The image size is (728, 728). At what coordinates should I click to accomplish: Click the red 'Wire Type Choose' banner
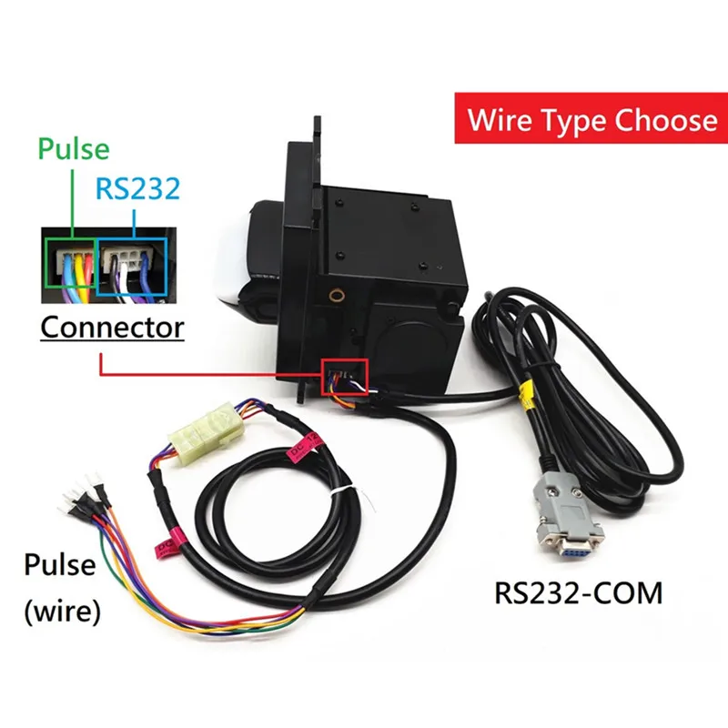coord(591,118)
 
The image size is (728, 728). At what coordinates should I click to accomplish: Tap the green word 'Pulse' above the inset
coord(74,149)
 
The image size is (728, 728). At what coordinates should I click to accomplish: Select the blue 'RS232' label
coord(137,188)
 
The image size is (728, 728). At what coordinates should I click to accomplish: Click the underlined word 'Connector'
coord(112,328)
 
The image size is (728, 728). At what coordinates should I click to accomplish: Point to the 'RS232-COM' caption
coord(579,593)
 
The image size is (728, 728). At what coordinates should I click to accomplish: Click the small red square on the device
coord(345,377)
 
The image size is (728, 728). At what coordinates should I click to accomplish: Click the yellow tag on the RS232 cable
coord(525,395)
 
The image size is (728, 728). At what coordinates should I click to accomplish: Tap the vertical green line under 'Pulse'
coord(73,204)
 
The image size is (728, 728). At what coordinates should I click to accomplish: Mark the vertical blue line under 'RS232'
coord(134,224)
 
